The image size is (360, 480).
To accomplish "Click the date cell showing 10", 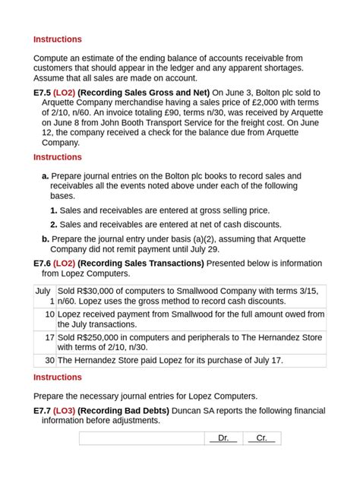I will (x=49, y=314).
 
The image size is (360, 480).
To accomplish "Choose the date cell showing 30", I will (x=49, y=360).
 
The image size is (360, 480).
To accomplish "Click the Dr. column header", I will (x=223, y=438).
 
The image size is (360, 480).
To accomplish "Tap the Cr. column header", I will (x=261, y=438).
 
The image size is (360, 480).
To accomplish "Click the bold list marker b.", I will (x=46, y=238).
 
